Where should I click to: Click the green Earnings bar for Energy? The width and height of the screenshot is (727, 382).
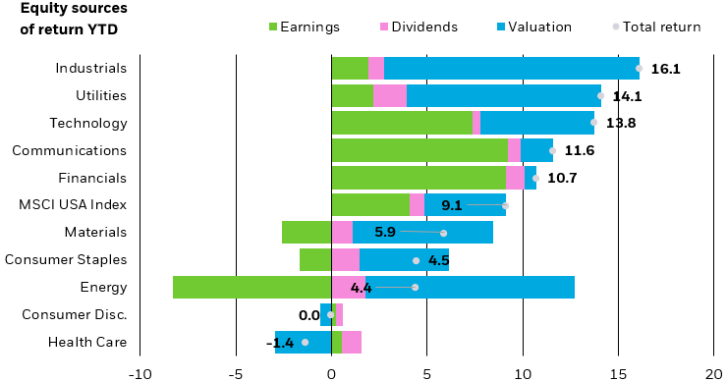click(x=252, y=288)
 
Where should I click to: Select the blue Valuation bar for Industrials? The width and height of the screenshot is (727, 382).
click(x=511, y=68)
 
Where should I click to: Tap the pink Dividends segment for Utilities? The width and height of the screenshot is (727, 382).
click(x=389, y=95)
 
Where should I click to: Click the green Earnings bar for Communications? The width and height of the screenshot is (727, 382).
click(x=419, y=150)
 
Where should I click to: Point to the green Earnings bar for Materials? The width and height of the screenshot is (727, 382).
click(x=306, y=233)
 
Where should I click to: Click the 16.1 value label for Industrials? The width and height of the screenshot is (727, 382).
click(x=665, y=69)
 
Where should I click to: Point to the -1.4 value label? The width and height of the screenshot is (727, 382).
click(x=280, y=343)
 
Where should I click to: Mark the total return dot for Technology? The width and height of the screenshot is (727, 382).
click(x=593, y=123)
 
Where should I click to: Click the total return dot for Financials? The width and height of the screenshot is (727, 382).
click(x=535, y=178)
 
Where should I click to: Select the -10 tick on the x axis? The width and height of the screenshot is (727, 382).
click(x=140, y=373)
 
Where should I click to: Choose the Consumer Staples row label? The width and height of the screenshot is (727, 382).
click(x=66, y=260)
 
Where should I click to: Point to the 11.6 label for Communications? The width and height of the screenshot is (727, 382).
click(x=579, y=150)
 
